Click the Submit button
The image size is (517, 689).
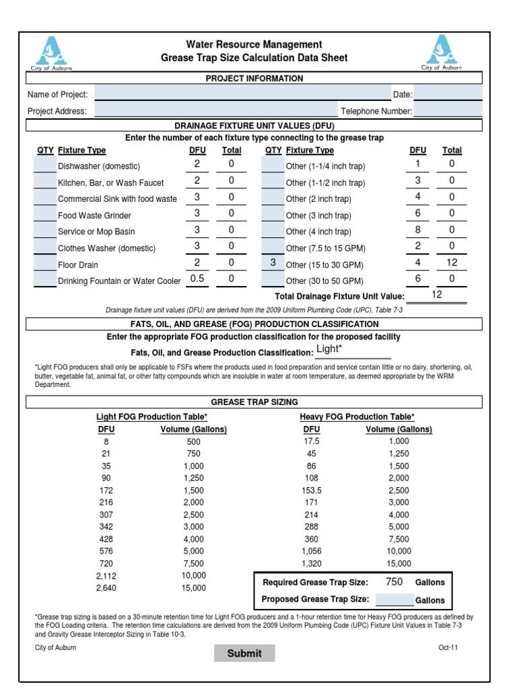tap(244, 653)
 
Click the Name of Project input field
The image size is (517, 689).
tap(242, 94)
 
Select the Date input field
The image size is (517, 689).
tap(448, 94)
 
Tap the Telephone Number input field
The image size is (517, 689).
tap(448, 110)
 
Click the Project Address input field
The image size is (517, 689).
tap(215, 110)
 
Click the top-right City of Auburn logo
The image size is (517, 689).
tap(442, 52)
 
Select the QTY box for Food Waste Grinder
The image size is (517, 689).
tap(45, 215)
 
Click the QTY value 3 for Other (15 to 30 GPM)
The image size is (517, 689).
tap(273, 264)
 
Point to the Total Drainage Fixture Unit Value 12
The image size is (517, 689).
tap(437, 295)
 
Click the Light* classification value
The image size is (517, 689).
tap(329, 349)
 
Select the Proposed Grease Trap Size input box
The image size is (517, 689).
tap(394, 600)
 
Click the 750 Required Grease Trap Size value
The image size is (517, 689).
tap(394, 582)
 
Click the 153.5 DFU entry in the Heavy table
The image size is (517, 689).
tap(312, 491)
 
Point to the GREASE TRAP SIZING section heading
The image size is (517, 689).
tap(254, 402)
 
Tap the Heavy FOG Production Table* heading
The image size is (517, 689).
tap(357, 416)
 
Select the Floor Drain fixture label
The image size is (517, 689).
tap(78, 265)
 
